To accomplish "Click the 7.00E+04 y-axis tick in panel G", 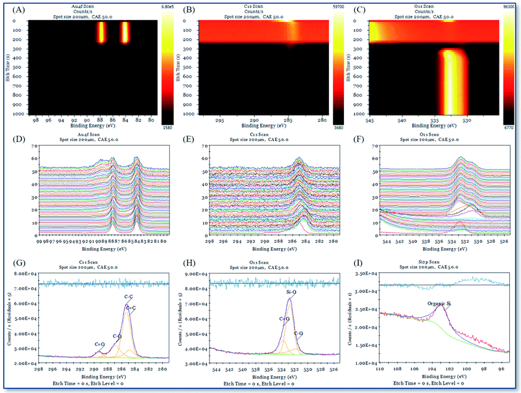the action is click(x=25, y=287).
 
